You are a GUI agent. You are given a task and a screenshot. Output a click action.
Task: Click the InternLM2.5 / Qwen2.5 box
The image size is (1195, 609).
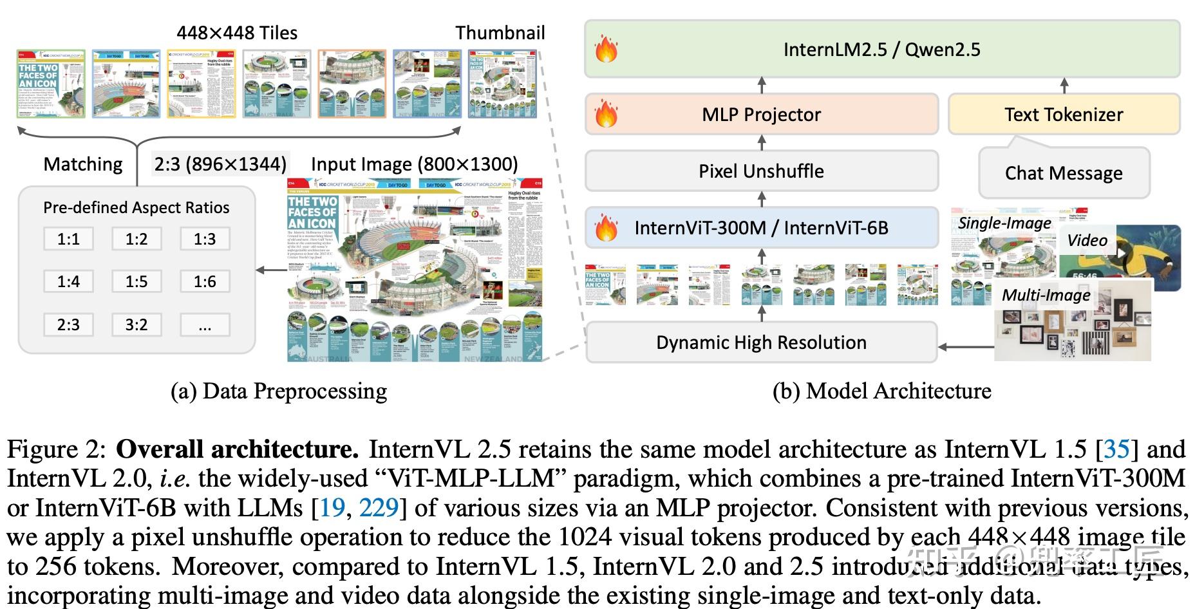tap(882, 50)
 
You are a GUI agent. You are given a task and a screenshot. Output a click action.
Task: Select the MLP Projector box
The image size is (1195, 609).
tap(762, 115)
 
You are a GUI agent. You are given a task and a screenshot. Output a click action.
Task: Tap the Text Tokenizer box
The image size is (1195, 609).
tap(1064, 115)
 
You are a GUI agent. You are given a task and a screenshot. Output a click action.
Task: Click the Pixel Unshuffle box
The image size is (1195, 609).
tap(762, 171)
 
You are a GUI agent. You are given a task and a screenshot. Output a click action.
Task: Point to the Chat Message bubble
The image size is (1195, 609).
tap(1064, 173)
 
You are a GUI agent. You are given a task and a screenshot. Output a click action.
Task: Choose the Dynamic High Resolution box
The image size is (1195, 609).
tap(762, 342)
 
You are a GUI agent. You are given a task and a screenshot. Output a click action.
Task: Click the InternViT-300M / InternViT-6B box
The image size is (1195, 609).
tap(762, 228)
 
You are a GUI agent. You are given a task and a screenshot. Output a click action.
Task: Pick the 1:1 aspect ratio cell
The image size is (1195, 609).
tap(68, 239)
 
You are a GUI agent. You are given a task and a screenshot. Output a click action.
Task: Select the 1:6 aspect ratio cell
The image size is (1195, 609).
tap(205, 281)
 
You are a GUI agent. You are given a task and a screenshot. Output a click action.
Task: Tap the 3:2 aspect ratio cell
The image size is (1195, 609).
tap(136, 324)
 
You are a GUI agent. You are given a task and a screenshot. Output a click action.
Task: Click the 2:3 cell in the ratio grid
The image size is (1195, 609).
tap(68, 324)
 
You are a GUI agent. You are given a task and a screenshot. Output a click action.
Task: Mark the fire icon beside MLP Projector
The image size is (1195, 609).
tap(606, 115)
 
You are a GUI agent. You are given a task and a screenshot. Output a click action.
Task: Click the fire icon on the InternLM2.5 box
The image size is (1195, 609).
tap(606, 50)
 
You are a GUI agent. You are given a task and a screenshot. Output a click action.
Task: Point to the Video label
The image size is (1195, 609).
tap(1087, 240)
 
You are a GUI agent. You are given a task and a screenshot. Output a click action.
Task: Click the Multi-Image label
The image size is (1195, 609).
tap(1046, 295)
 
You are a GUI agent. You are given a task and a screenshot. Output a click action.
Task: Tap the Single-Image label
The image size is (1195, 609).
tap(1004, 223)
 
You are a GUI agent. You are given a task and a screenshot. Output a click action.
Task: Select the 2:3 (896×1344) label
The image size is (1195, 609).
tap(220, 164)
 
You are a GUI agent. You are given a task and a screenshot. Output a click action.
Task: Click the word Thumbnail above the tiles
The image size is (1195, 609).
tap(500, 33)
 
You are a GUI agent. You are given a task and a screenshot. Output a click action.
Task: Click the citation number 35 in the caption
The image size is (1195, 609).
tap(1116, 449)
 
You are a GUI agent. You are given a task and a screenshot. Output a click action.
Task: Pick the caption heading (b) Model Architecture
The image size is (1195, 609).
tap(882, 391)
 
